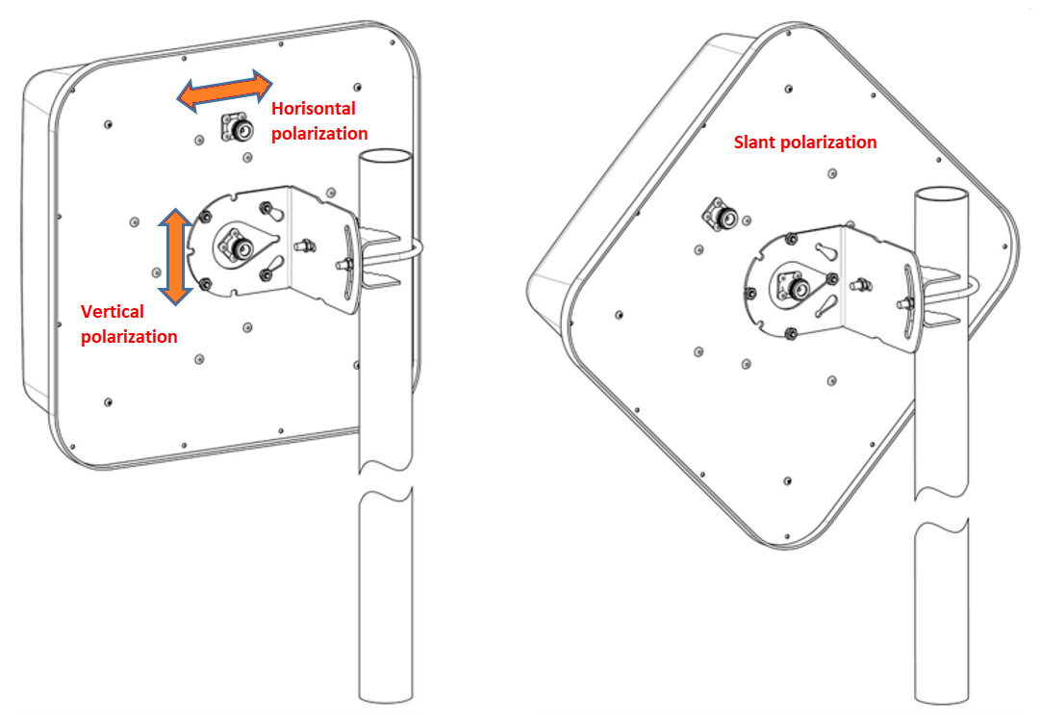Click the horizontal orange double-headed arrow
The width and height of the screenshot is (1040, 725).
(224, 91)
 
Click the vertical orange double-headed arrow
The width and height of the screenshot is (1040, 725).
(175, 257)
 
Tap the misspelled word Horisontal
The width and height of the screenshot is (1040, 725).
(313, 108)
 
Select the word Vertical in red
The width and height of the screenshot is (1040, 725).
(113, 311)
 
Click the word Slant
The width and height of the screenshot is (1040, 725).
(754, 142)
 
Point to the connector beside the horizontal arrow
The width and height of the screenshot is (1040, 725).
(238, 127)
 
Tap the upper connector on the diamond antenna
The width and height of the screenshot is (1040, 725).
(722, 214)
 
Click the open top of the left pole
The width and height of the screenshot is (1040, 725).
(386, 157)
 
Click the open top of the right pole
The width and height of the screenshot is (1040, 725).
(941, 195)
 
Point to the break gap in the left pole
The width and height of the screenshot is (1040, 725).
(386, 481)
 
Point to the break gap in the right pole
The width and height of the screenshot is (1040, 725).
(941, 511)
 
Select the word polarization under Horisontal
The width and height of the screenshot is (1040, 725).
(319, 134)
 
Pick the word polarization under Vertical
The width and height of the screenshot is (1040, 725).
(129, 337)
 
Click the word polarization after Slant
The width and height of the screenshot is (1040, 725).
(829, 142)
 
